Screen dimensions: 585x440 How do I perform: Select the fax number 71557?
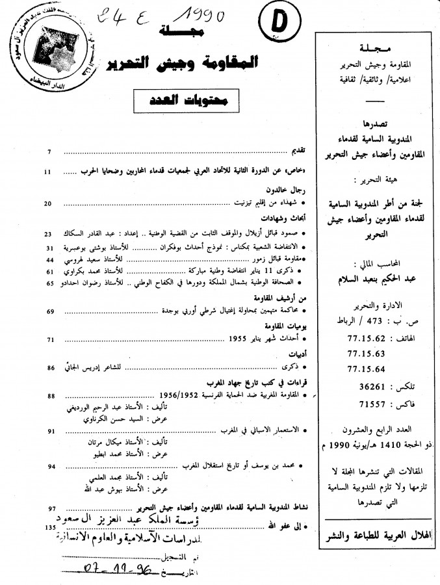point(364,402)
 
